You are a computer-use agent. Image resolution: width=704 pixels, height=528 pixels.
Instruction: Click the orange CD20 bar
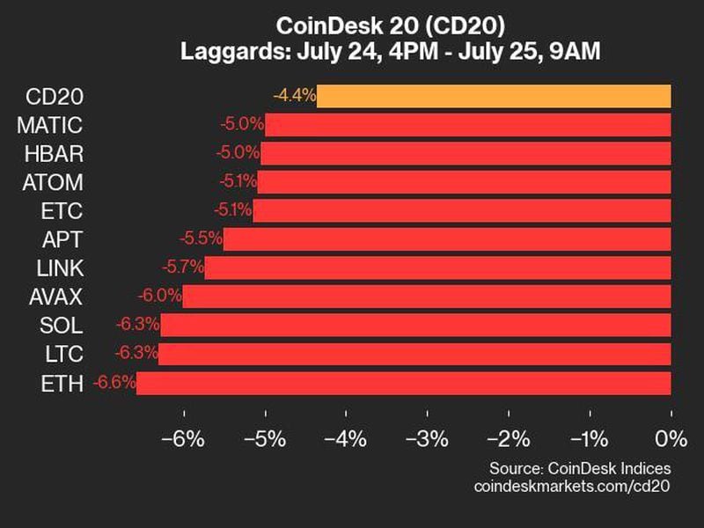[x=494, y=96]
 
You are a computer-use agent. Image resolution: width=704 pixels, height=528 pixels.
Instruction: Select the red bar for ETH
[x=404, y=383]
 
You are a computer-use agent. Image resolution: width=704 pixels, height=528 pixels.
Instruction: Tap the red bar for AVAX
[x=427, y=297]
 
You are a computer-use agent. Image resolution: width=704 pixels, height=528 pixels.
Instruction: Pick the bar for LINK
[x=437, y=268]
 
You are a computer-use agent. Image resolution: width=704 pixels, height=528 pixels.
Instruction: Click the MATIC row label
[x=49, y=125]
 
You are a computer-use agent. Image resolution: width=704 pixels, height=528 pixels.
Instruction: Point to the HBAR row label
[x=55, y=154]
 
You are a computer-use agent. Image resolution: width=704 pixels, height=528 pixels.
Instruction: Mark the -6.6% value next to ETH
[x=113, y=383]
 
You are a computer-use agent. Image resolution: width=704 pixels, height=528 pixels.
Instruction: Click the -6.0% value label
[x=159, y=297]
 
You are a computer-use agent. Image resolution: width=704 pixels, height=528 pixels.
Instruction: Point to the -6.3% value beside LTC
[x=136, y=354]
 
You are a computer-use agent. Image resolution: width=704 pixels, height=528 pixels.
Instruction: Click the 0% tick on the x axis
[x=671, y=438]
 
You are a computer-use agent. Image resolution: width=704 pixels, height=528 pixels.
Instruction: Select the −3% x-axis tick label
[x=427, y=438]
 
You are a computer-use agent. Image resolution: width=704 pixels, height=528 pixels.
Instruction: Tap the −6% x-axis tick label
[x=184, y=438]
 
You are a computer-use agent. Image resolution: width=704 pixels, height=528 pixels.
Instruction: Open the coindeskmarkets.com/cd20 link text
[x=572, y=486]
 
